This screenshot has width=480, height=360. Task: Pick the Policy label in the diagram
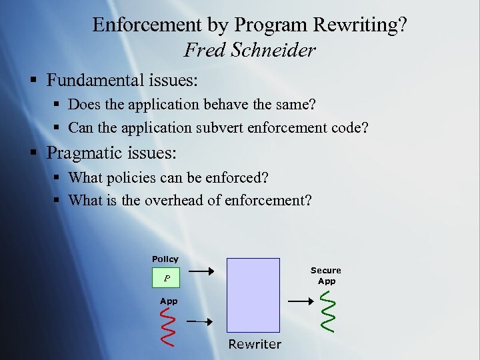point(165,259)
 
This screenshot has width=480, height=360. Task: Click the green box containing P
point(166,279)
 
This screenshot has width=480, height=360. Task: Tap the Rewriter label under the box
point(255,344)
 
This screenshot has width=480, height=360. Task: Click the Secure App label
point(326,275)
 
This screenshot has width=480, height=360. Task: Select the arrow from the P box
point(201,271)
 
